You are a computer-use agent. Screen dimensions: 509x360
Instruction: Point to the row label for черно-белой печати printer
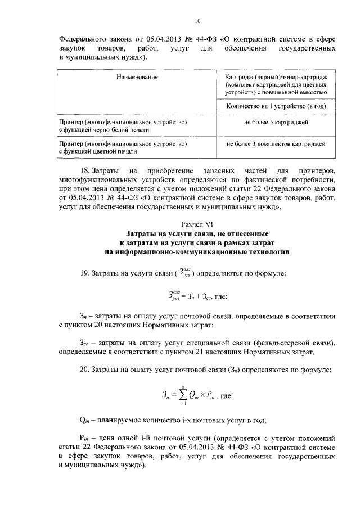123,126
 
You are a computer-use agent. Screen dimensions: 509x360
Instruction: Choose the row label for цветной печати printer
123,148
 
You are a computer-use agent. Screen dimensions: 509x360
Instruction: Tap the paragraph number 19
87,273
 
